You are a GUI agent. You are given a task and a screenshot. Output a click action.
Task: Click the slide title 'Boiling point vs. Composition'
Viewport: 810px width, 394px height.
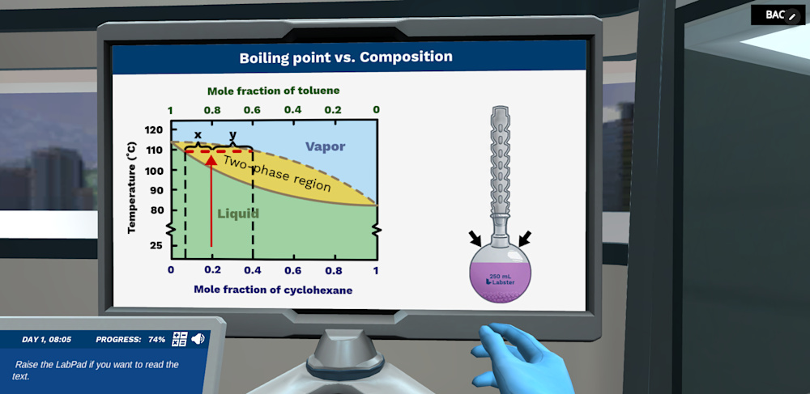pos(346,57)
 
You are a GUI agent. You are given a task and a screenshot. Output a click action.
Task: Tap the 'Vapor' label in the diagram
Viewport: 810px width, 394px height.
pos(325,146)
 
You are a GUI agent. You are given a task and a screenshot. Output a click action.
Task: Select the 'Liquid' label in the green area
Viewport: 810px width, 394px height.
pos(238,214)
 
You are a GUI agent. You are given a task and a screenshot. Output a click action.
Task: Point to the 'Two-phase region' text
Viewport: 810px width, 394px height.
pos(277,172)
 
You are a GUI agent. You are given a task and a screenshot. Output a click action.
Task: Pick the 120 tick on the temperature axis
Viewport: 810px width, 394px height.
pos(154,129)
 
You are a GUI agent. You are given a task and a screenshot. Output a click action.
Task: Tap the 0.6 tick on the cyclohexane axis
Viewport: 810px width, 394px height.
pos(293,270)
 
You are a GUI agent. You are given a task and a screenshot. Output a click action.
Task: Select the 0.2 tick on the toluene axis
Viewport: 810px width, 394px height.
pos(333,110)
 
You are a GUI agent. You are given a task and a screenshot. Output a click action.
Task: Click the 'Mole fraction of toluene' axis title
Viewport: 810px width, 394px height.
pos(273,91)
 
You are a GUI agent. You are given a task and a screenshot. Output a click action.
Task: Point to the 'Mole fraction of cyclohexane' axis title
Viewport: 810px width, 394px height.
pos(273,290)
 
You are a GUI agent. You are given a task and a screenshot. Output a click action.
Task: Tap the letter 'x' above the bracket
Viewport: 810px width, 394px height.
pos(198,134)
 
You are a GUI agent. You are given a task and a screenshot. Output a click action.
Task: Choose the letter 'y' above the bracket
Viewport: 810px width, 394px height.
pos(233,134)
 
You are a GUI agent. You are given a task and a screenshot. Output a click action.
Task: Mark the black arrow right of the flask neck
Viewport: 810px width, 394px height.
pos(525,238)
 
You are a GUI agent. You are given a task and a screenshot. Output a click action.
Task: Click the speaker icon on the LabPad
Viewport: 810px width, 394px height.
pos(198,339)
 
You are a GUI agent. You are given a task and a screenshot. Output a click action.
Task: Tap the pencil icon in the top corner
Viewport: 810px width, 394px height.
pos(792,16)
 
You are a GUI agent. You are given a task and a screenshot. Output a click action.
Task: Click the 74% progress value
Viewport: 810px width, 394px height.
pos(157,340)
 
